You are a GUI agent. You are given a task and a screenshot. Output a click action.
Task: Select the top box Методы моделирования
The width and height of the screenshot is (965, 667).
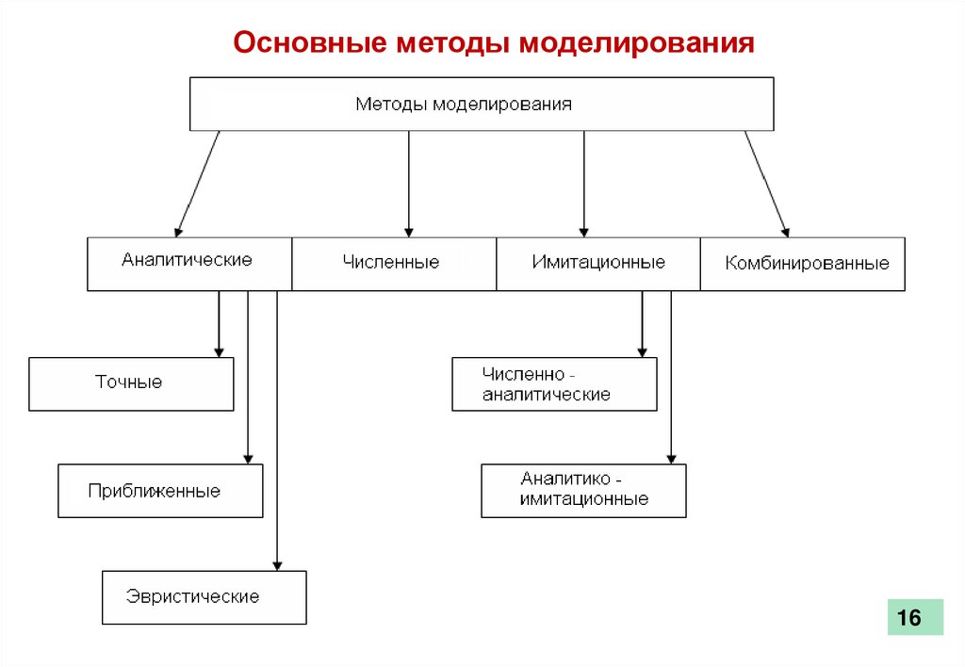tap(482, 104)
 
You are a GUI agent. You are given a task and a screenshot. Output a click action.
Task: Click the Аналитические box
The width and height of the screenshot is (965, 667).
tap(189, 263)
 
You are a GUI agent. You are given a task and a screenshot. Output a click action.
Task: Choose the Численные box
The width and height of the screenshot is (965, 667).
tap(393, 263)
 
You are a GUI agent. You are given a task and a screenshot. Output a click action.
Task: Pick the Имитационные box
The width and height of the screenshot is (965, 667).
tap(597, 263)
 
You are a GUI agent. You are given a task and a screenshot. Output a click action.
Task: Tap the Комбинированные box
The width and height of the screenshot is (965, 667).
tap(803, 263)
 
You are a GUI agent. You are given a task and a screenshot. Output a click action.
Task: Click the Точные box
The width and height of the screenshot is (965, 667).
tap(131, 383)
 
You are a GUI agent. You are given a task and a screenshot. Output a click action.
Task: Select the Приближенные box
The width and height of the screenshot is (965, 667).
tap(160, 490)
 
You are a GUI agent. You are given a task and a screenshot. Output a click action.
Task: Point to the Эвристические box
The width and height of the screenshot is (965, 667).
tap(204, 596)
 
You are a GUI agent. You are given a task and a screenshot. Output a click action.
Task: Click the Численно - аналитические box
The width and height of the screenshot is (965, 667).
tap(554, 383)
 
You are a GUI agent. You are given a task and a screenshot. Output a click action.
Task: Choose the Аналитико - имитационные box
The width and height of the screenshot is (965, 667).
tap(583, 490)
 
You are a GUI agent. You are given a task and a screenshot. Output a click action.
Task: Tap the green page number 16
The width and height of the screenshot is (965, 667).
tap(914, 618)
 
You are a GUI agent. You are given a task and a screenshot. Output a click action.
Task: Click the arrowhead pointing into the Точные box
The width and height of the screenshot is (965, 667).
tap(219, 351)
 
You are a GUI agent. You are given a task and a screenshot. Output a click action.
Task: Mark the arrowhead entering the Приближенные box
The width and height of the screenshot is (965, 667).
tap(248, 458)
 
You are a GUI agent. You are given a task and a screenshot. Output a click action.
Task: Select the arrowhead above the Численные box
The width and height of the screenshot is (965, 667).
tap(409, 230)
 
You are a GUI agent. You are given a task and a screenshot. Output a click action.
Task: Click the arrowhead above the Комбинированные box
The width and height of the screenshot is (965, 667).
tap(785, 229)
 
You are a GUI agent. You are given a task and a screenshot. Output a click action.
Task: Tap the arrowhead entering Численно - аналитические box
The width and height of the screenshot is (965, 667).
tap(642, 351)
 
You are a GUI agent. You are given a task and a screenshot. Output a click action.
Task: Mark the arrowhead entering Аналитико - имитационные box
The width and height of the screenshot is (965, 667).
tap(671, 458)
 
